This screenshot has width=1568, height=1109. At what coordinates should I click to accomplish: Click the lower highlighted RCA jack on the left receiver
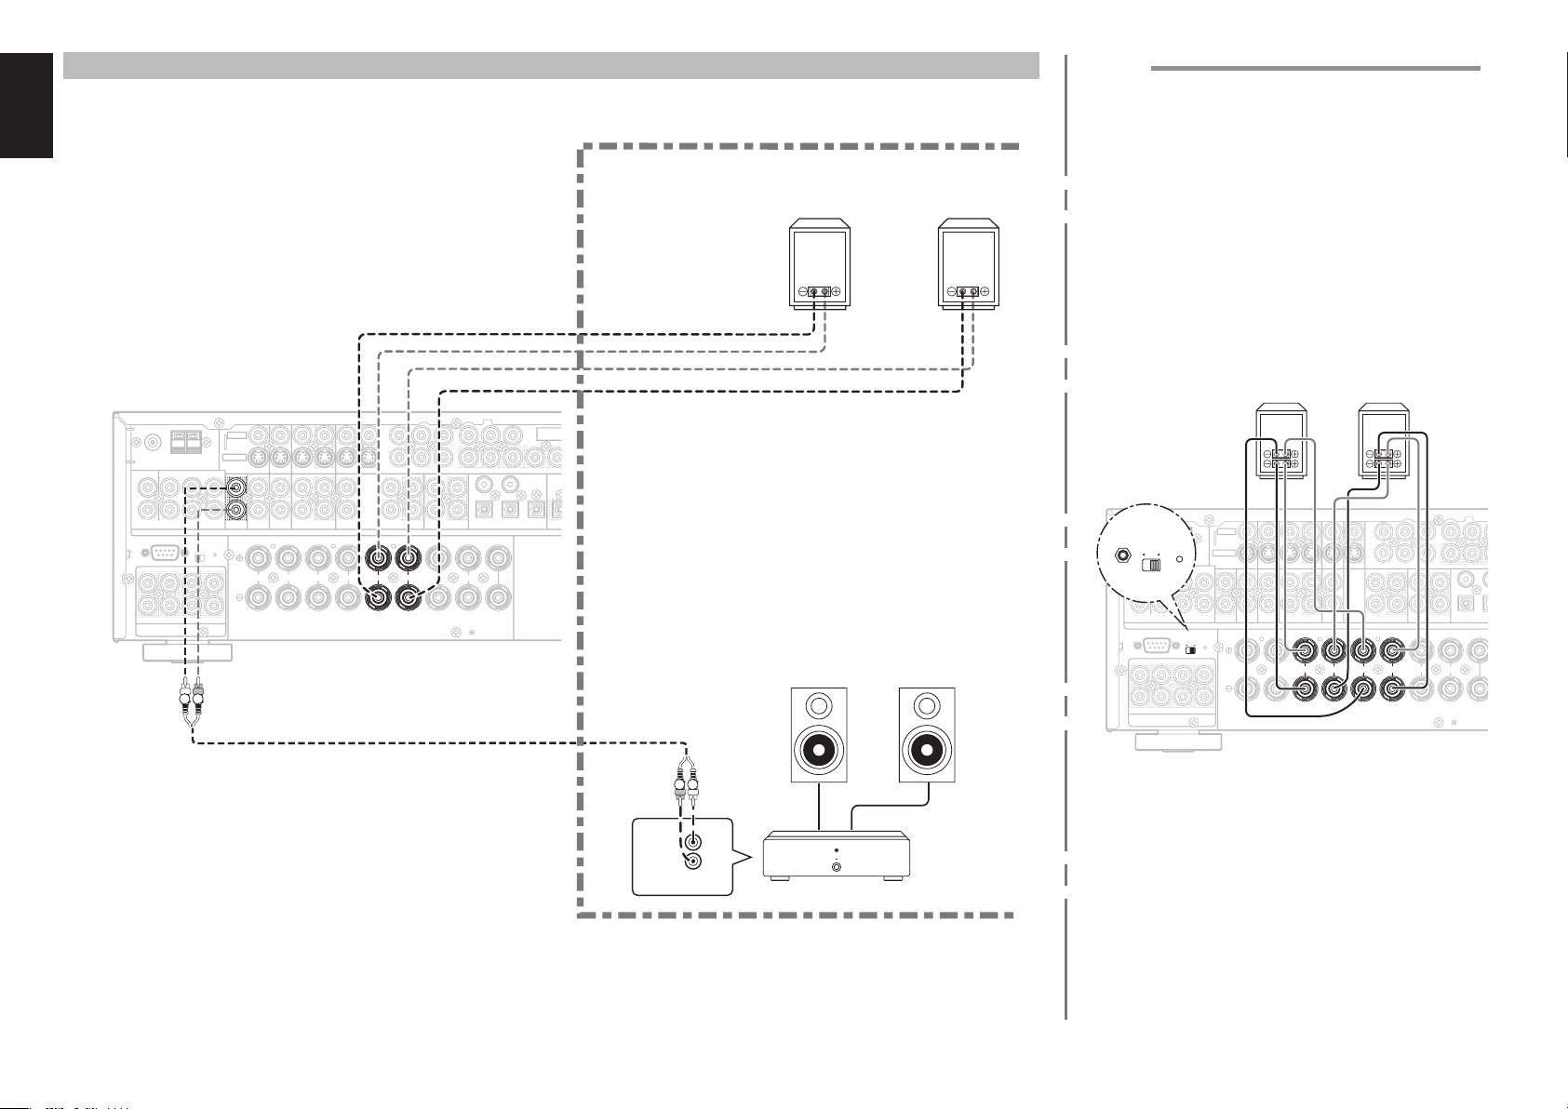[x=237, y=510]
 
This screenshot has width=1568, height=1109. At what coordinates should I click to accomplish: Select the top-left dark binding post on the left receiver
[x=380, y=558]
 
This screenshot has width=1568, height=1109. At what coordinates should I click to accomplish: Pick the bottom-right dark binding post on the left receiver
[x=408, y=598]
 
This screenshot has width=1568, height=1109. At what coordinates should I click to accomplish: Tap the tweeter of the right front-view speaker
[x=927, y=703]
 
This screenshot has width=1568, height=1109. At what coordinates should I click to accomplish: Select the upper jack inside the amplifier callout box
[x=692, y=843]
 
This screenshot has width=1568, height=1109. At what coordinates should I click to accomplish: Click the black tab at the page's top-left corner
[x=26, y=103]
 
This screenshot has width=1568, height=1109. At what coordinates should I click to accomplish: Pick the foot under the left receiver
[x=186, y=650]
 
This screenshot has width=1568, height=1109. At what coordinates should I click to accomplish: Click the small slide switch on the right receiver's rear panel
[x=1190, y=649]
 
